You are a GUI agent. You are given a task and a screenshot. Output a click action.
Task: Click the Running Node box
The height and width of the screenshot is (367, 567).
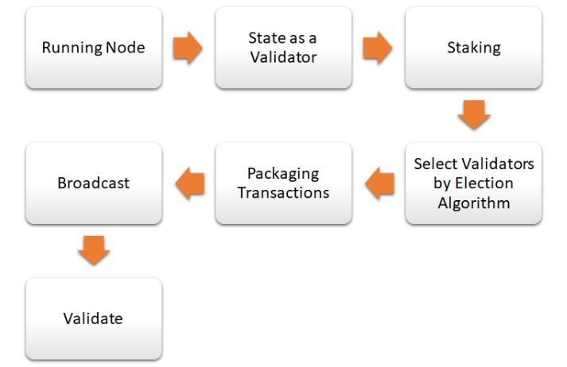pos(94,48)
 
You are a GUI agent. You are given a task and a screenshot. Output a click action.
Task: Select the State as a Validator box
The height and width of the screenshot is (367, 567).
pos(283,48)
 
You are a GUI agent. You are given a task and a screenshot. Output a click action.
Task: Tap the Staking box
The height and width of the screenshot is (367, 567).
pos(473,48)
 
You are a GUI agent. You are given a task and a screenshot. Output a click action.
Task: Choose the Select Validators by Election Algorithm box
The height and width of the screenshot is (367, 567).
pos(473,183)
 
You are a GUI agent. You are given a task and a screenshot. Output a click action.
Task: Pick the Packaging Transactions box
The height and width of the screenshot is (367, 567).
pos(283,183)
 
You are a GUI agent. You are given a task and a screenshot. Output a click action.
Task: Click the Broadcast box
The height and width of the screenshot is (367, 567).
pos(94,183)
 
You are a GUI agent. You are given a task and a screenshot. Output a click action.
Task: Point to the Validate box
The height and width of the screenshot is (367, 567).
pos(94,319)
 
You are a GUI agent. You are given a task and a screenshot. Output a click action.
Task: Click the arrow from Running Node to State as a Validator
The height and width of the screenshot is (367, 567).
pos(188,48)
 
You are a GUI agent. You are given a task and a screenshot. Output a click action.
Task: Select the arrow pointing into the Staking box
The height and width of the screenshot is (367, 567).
pos(378,48)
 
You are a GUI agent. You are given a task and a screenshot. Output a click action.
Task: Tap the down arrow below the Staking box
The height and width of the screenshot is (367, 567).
pos(474,114)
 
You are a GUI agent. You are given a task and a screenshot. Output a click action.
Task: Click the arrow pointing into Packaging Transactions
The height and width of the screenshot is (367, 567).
pos(379,183)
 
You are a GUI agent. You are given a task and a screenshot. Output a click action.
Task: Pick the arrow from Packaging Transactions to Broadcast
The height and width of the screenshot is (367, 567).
pos(190,183)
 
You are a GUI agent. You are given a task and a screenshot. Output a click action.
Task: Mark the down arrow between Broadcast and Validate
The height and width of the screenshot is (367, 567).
pos(94,250)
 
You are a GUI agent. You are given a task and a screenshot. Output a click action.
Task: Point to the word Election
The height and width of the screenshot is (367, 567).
pos(484,183)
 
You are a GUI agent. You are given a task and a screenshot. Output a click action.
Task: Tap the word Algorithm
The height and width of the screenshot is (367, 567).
pos(474,203)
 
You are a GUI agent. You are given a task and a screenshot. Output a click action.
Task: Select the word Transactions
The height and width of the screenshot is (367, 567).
pos(283,193)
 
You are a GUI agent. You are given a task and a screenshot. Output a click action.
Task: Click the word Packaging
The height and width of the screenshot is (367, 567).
pos(283,174)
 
